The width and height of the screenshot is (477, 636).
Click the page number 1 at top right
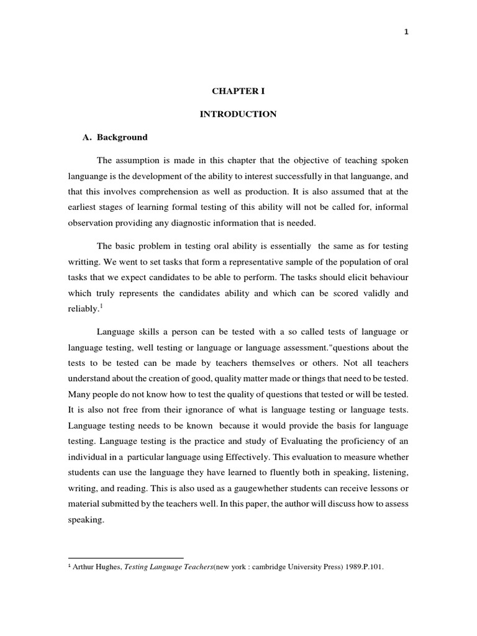point(406,33)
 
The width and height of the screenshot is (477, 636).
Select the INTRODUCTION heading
point(238,114)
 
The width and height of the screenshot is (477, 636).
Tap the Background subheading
point(122,137)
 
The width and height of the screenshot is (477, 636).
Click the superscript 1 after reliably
point(101,306)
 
